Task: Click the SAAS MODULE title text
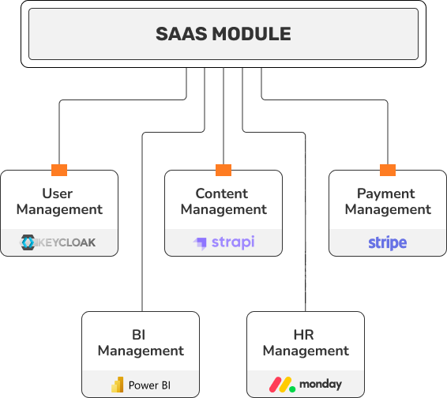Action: [x=223, y=34]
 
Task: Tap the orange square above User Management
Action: [x=59, y=170]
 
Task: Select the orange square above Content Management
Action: [x=223, y=170]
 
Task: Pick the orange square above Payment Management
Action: [x=388, y=170]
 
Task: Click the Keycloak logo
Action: [x=58, y=242]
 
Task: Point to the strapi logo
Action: [x=223, y=243]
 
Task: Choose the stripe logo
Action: [x=388, y=243]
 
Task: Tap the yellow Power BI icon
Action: [x=118, y=385]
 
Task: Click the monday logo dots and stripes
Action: [x=282, y=385]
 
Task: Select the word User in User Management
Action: [x=58, y=193]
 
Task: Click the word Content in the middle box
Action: [x=221, y=193]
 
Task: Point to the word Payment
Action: [x=385, y=194]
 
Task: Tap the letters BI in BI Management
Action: [x=139, y=335]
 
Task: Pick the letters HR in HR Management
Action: [x=303, y=335]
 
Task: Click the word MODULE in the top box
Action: [x=251, y=34]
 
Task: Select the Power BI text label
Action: [x=149, y=385]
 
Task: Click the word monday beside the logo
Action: [x=321, y=385]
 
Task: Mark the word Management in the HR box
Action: [x=306, y=351]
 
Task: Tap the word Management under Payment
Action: [x=388, y=210]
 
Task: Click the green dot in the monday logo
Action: [x=292, y=389]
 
